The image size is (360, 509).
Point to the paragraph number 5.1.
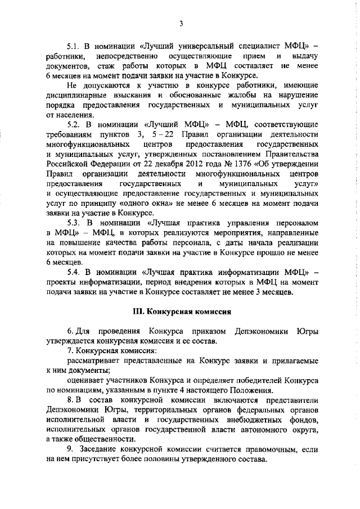74,47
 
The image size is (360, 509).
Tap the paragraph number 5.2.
74,123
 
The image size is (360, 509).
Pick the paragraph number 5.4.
74,272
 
